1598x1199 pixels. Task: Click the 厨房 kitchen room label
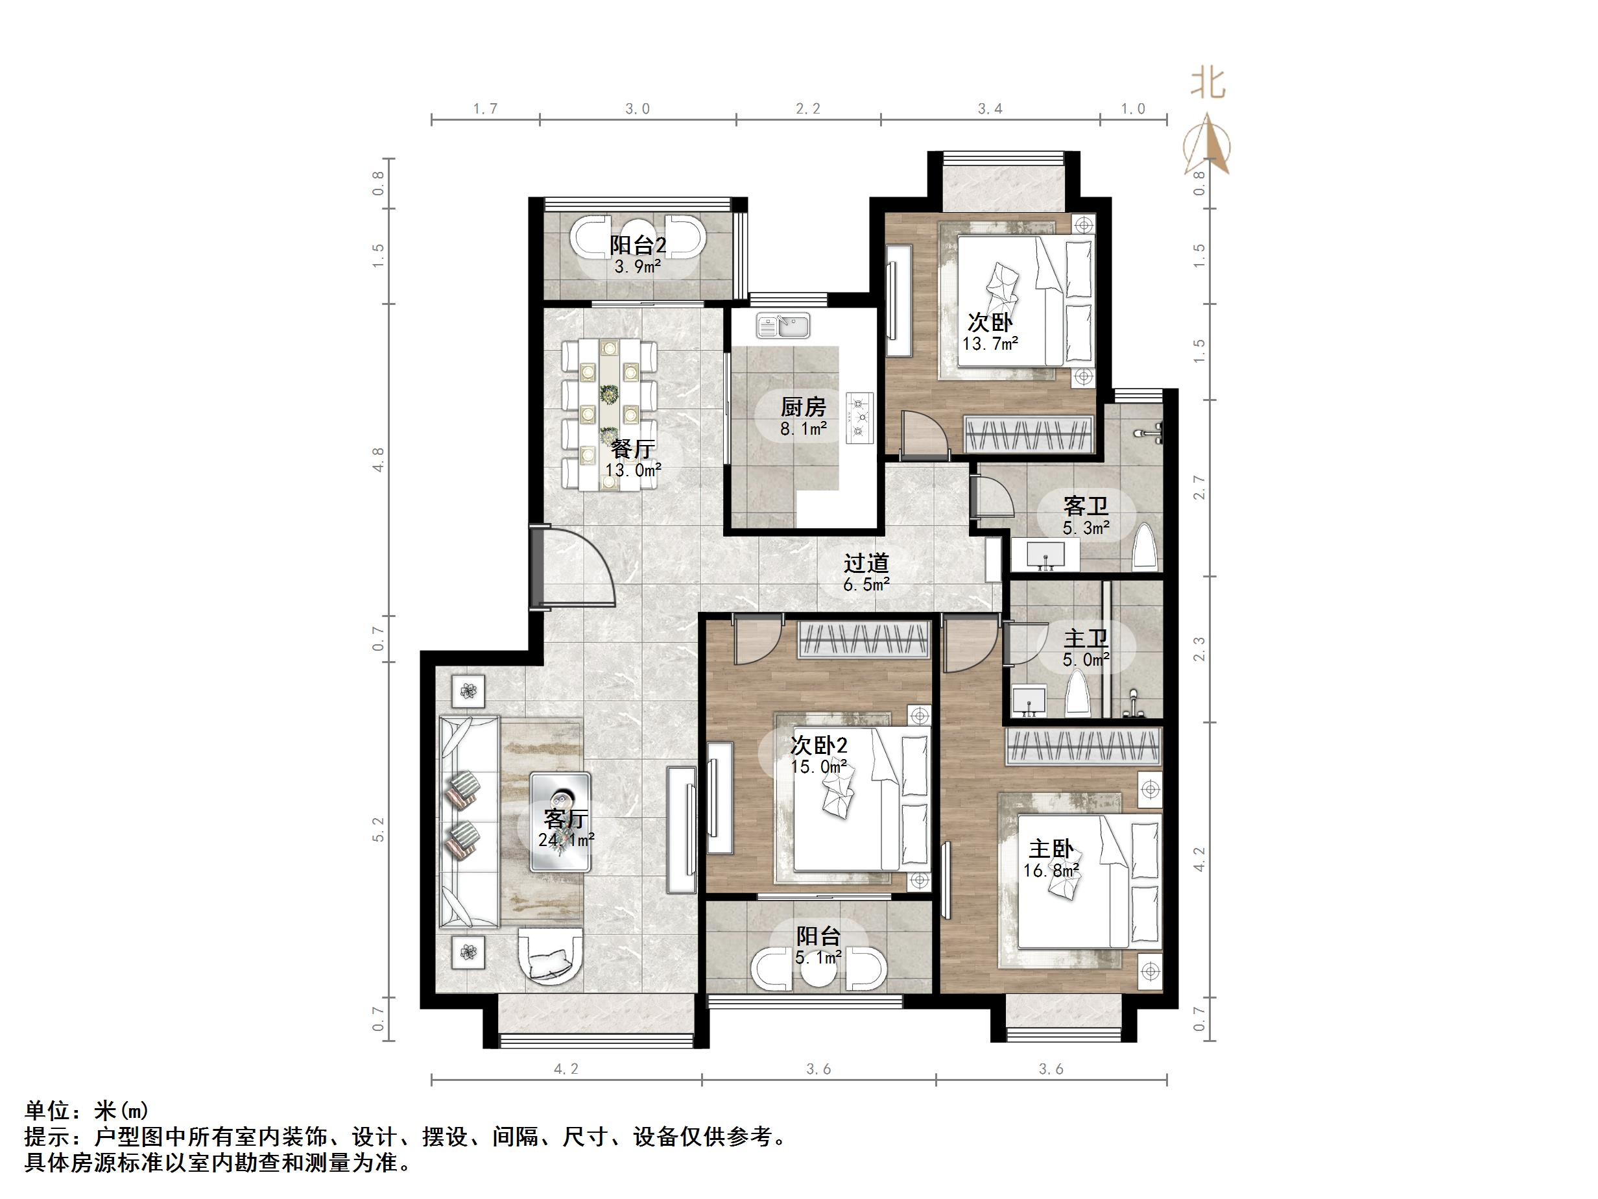803,407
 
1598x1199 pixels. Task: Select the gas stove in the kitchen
861,418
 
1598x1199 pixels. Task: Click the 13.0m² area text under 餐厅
634,470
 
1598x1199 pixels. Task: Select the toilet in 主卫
1079,692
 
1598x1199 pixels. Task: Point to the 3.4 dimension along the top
990,109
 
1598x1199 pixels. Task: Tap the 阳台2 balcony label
638,245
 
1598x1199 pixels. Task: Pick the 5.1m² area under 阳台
818,958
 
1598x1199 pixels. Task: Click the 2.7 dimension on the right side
1199,487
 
